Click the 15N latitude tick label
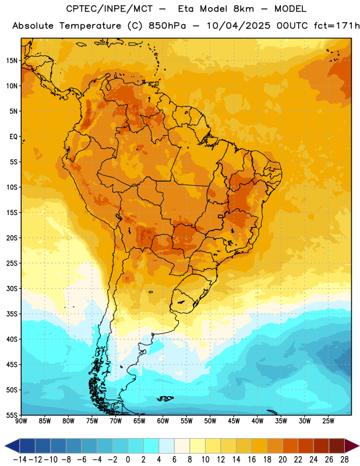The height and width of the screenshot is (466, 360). [x=12, y=61]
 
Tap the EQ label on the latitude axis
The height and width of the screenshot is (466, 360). [x=13, y=137]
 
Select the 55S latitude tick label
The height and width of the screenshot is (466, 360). [x=12, y=415]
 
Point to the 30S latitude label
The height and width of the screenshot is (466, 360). [x=12, y=288]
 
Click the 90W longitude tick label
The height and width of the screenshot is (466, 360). [x=22, y=421]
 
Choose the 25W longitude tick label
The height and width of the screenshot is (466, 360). [x=328, y=421]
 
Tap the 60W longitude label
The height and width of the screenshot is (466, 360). [x=163, y=421]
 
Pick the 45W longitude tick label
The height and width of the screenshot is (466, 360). [x=234, y=421]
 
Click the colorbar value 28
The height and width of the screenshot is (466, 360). [x=344, y=460]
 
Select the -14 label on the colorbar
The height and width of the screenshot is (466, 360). [x=20, y=460]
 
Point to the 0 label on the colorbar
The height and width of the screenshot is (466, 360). [x=128, y=460]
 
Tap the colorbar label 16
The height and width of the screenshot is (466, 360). [x=252, y=460]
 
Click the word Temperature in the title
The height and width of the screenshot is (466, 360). [x=90, y=26]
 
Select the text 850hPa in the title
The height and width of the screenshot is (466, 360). [x=167, y=26]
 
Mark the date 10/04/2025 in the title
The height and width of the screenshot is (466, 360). [x=239, y=26]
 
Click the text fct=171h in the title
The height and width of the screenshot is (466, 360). [x=337, y=26]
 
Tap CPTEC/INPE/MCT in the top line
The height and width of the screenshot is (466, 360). [x=110, y=9]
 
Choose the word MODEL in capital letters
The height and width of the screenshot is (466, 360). [x=290, y=9]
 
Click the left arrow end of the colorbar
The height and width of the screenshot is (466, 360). [x=12, y=446]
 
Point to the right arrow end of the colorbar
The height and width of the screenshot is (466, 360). [x=352, y=446]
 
